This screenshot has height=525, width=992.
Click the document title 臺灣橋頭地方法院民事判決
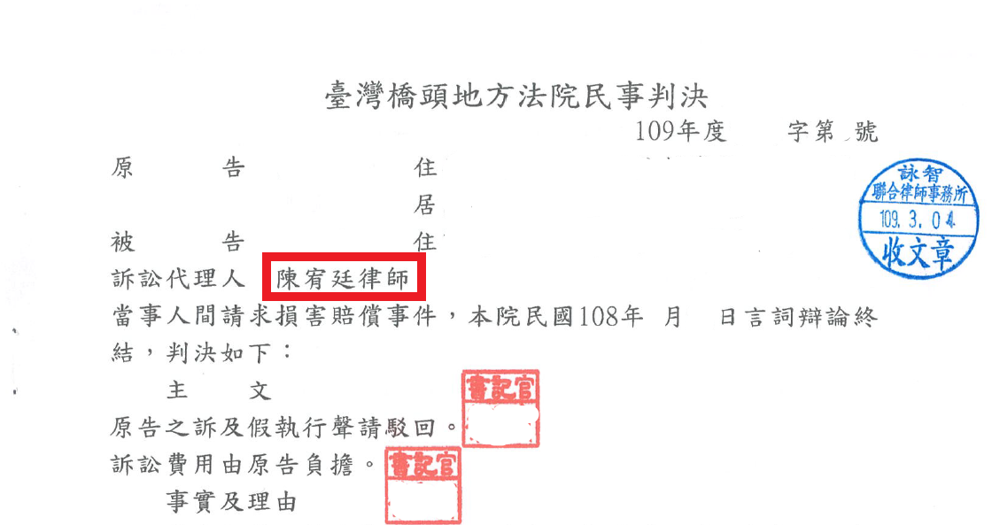(515, 97)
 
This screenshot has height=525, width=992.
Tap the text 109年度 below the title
(680, 131)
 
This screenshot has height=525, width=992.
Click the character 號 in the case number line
(865, 132)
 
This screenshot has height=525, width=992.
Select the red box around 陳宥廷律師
(345, 276)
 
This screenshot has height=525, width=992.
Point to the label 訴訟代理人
(178, 278)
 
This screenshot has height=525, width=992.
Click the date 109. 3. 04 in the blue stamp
(918, 220)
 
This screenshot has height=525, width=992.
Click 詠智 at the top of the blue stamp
(920, 173)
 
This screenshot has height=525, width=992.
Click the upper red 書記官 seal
(500, 409)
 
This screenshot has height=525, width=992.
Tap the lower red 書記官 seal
(423, 486)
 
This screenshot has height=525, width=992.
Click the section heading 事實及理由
(231, 502)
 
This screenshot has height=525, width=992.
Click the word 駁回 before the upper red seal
(409, 428)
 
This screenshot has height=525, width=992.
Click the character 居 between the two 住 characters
(425, 205)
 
